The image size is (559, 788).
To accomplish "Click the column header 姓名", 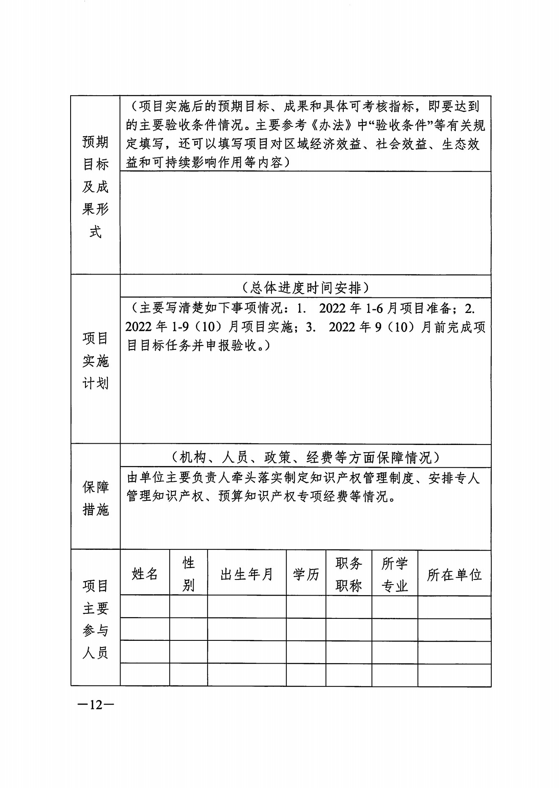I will (145, 574).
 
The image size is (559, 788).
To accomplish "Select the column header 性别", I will (188, 574).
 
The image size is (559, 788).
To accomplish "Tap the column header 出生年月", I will (247, 574).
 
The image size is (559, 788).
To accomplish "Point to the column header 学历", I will (306, 574).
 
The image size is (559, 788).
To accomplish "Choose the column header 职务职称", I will (348, 574).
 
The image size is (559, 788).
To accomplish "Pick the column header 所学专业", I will (395, 574).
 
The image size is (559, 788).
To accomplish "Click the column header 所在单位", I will (454, 574).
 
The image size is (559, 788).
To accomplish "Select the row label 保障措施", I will (96, 498).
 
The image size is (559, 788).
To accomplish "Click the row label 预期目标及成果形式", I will (96, 187).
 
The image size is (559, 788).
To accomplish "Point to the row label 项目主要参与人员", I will (96, 619).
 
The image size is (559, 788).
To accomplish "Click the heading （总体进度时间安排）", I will (305, 288).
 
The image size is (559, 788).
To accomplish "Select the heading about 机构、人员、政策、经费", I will (305, 457).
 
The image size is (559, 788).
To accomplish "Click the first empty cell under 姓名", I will (145, 607).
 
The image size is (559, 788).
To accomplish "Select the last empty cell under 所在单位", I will (454, 674).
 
